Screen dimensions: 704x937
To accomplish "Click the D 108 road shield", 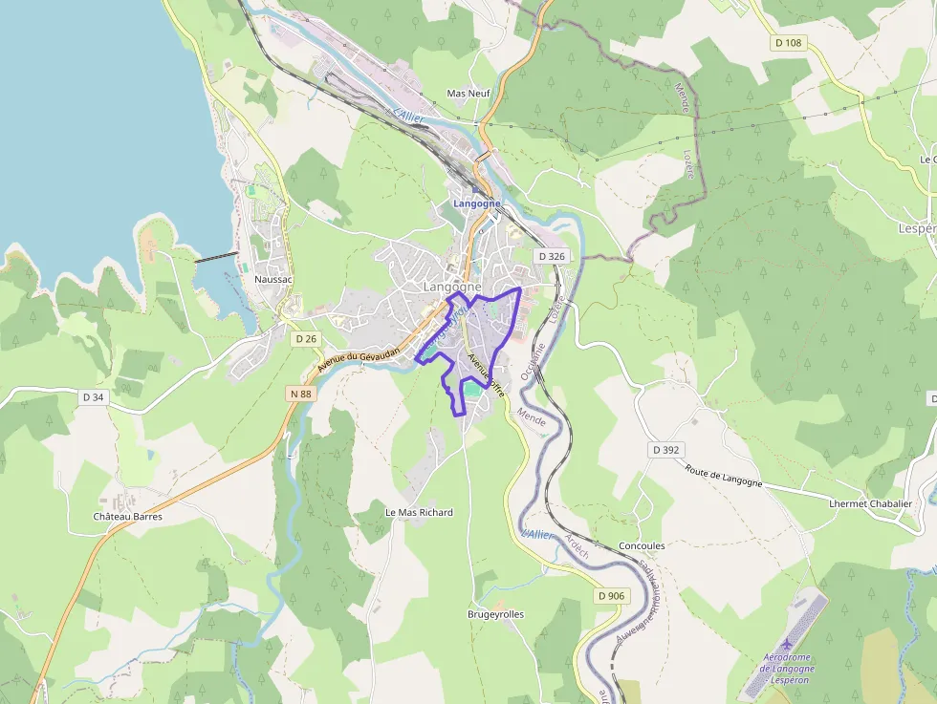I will click(789, 43).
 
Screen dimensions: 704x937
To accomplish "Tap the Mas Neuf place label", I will click(468, 94).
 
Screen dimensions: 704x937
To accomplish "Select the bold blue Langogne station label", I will click(476, 203).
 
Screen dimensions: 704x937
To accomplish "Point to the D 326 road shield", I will click(552, 256).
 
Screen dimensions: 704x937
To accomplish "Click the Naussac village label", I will click(274, 279).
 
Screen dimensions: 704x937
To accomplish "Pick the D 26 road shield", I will click(306, 338).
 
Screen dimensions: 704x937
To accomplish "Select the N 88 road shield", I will click(299, 393).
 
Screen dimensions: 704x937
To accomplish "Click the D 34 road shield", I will click(93, 396).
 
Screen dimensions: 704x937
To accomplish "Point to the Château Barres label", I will click(127, 517).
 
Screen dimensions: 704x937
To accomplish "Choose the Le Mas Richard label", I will click(419, 512).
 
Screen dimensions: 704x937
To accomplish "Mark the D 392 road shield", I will click(666, 449).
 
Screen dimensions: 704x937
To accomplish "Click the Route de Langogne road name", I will click(724, 475).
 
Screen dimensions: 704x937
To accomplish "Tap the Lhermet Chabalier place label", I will click(870, 503).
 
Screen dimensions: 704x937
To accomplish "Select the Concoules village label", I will click(642, 545).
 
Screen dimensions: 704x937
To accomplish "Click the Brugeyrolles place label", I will click(495, 614).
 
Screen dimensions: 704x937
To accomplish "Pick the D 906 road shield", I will click(611, 596).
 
